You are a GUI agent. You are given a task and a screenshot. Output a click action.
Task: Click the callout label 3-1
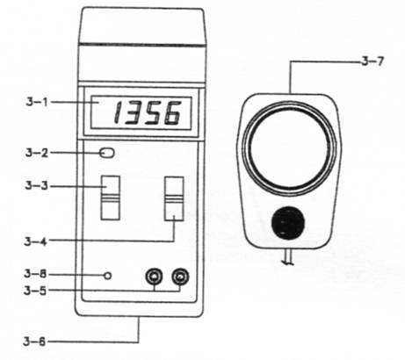pyautogui.click(x=37, y=102)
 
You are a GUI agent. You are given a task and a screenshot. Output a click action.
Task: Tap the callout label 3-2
pyautogui.click(x=37, y=153)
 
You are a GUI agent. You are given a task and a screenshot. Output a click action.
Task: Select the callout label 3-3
pyautogui.click(x=36, y=185)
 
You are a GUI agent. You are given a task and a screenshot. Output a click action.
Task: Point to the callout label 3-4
pyautogui.click(x=36, y=241)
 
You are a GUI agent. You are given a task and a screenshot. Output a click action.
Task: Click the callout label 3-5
pyautogui.click(x=35, y=291)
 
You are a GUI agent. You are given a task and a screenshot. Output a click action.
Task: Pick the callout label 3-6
pyautogui.click(x=35, y=342)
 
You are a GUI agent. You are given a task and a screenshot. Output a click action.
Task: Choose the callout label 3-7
pyautogui.click(x=372, y=61)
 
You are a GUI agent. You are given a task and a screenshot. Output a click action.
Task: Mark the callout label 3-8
pyautogui.click(x=35, y=274)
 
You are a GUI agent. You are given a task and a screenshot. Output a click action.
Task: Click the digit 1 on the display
pyautogui.click(x=118, y=113)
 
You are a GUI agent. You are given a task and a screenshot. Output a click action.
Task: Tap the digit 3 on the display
pyautogui.click(x=134, y=113)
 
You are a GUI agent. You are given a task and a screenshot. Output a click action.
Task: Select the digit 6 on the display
pyautogui.click(x=172, y=113)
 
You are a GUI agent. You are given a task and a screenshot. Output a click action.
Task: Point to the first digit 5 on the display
pyautogui.click(x=154, y=113)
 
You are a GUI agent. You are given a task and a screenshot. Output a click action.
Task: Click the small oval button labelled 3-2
pyautogui.click(x=106, y=153)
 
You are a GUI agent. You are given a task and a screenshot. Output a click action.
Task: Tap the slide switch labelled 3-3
pyautogui.click(x=111, y=198)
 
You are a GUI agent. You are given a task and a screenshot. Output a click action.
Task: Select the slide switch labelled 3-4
pyautogui.click(x=174, y=198)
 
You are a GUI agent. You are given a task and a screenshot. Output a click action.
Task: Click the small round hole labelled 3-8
pyautogui.click(x=108, y=276)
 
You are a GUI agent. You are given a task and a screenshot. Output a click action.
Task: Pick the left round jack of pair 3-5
pyautogui.click(x=155, y=277)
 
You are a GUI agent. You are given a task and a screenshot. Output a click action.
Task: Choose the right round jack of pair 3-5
pyautogui.click(x=180, y=277)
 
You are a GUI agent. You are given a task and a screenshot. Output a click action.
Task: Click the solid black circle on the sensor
pyautogui.click(x=288, y=223)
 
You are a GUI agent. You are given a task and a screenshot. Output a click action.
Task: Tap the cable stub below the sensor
pyautogui.click(x=288, y=257)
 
